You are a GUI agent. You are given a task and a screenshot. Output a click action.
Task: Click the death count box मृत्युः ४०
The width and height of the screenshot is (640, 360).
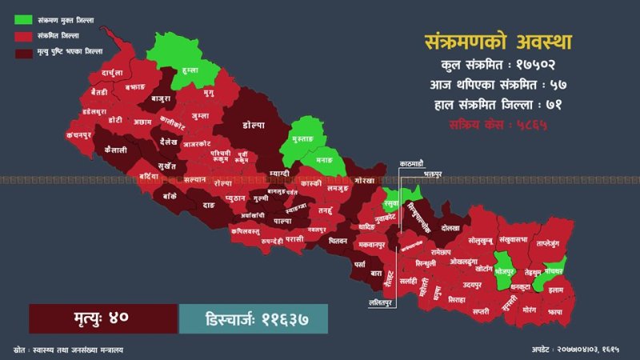click(102, 318)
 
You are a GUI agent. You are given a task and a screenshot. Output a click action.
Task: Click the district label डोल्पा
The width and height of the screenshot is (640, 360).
click(255, 125)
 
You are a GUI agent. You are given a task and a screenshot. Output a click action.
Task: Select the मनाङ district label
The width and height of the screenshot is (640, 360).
click(324, 160)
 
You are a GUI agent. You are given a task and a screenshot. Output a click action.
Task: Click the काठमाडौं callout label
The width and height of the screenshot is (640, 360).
click(416, 163)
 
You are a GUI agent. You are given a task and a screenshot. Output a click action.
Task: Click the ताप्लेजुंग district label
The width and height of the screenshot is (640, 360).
click(552, 241)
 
